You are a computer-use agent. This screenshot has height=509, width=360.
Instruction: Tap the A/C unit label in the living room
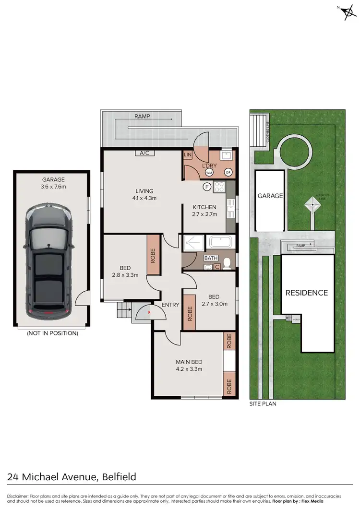click(144, 154)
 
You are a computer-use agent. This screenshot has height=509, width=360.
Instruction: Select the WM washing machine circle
click(209, 172)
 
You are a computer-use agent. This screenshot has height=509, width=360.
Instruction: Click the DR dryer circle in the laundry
click(228, 172)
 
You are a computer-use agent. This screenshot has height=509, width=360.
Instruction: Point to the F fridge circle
click(207, 187)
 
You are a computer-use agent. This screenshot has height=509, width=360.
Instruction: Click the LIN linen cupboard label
click(188, 155)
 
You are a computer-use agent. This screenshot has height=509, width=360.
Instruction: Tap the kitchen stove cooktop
click(219, 187)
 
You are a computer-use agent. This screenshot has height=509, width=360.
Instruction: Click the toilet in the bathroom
click(228, 262)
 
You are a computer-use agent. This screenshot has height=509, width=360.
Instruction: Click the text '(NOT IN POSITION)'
click(52, 333)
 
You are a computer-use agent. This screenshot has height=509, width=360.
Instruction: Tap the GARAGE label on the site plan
click(270, 196)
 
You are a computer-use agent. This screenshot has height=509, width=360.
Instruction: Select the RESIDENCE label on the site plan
click(307, 293)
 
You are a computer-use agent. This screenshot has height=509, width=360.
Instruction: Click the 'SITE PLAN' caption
click(263, 404)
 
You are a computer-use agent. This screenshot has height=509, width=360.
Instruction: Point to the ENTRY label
click(170, 305)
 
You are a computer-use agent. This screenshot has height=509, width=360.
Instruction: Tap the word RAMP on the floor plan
click(142, 116)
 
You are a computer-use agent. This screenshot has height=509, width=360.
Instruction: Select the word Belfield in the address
click(119, 476)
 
